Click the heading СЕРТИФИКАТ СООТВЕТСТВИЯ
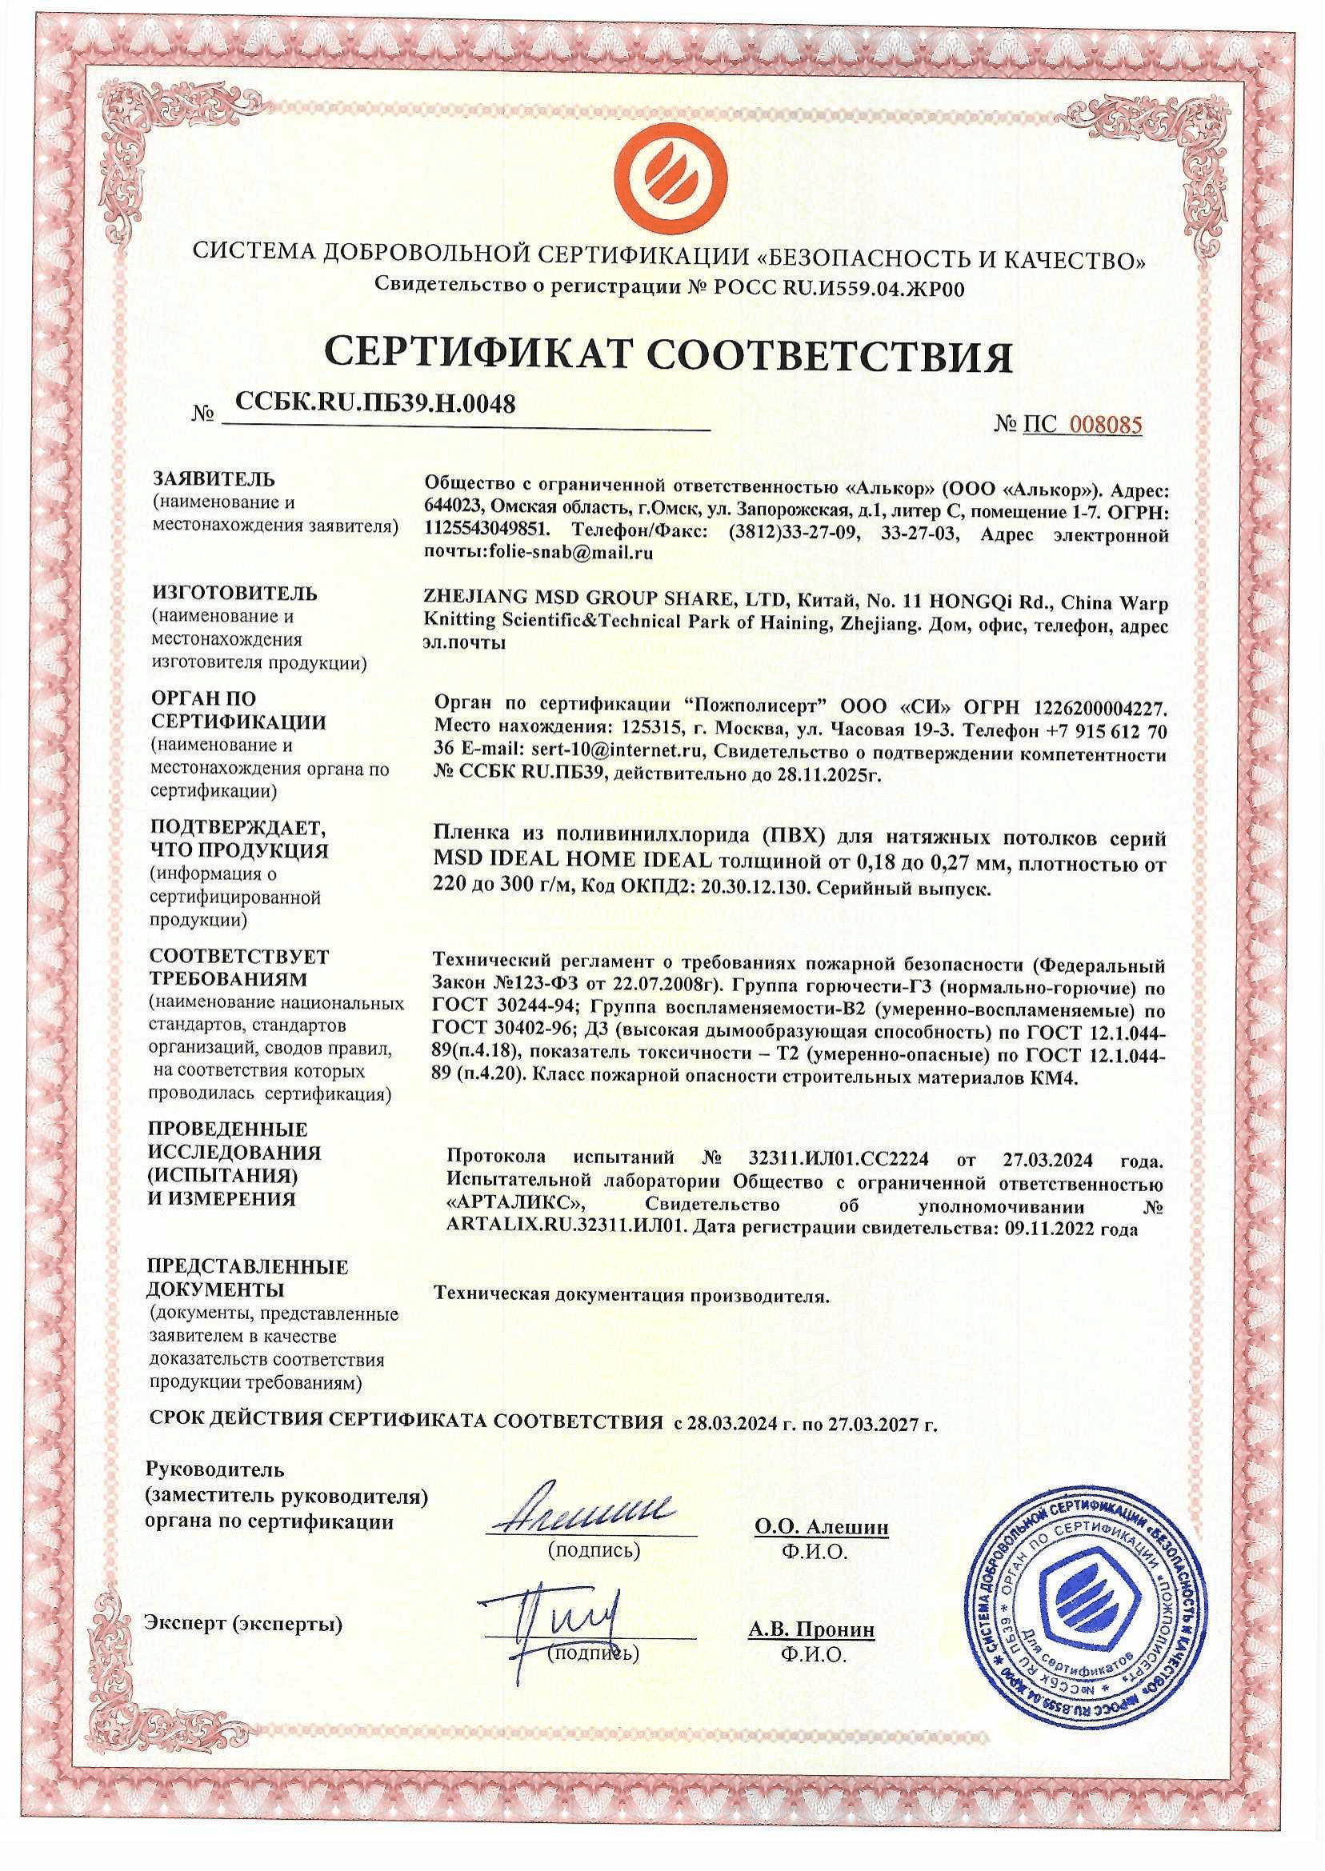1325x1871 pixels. coord(668,357)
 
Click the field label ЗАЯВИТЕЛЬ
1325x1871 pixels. coord(214,479)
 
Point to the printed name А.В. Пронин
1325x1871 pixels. coord(812,1629)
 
